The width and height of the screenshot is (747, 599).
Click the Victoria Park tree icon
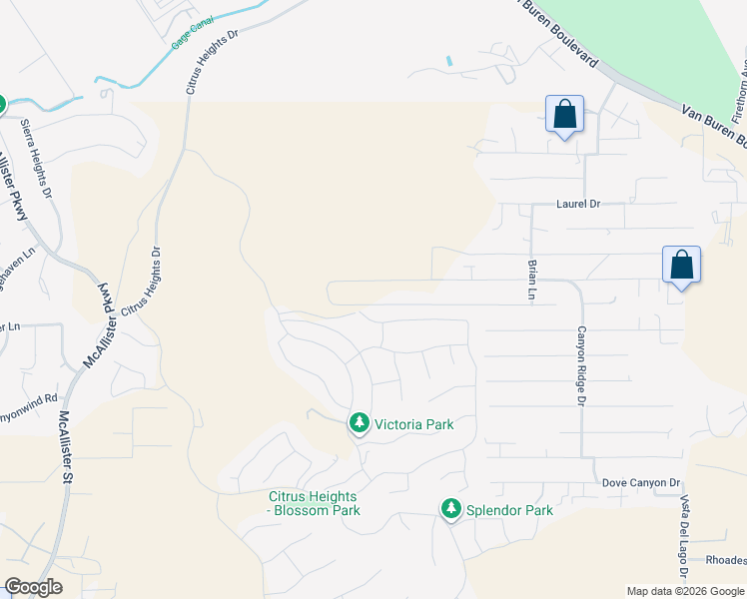[x=360, y=424]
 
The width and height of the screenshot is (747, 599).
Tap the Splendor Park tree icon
[x=451, y=510]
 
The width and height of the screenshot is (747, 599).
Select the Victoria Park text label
[x=414, y=424]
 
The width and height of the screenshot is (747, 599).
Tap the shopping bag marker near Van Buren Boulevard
[x=565, y=115]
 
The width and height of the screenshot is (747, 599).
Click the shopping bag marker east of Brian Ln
[x=681, y=266]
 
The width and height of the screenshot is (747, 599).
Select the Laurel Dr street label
[x=578, y=204]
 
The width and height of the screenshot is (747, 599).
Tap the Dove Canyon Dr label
[x=640, y=482]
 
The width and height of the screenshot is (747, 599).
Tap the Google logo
[x=33, y=587]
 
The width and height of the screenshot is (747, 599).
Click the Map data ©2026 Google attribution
[x=685, y=591]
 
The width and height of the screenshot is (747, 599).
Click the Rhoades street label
[x=725, y=560]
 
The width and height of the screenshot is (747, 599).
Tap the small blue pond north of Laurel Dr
[x=449, y=61]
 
